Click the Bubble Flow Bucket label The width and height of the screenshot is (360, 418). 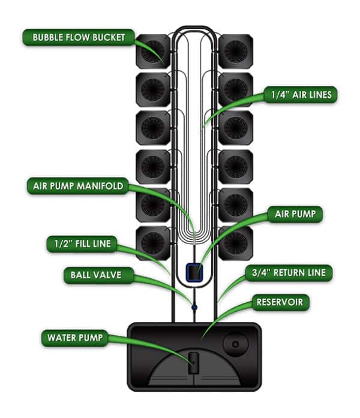79,37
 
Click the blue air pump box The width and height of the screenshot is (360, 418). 193,273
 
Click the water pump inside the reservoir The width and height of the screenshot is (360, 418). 193,362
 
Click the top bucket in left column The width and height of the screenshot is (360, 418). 153,52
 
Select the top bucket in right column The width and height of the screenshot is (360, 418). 235,52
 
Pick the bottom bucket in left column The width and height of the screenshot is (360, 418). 153,243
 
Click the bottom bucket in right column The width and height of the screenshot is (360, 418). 235,243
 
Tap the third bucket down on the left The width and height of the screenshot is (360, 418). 153,128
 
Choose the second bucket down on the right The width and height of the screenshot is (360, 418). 235,89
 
